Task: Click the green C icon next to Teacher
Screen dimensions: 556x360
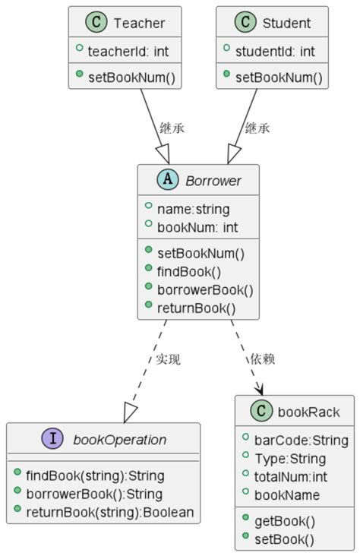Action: pos(96,23)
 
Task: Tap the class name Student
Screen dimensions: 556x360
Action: pos(286,23)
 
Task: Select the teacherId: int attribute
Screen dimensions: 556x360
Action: pos(128,52)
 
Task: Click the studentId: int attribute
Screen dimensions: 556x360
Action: pos(275,52)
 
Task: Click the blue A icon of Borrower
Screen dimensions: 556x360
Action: pos(168,181)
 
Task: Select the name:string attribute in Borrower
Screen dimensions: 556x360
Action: pos(193,209)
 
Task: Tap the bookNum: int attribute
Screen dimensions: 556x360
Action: pos(197,227)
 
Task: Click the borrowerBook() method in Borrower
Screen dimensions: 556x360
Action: pos(204,289)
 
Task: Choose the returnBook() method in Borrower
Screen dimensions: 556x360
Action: pos(196,308)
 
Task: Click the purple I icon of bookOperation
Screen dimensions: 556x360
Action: pos(53,439)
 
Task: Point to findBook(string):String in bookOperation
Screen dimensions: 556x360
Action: pos(95,475)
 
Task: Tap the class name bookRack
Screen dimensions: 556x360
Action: pos(308,412)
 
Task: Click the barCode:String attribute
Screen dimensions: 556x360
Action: pos(301,440)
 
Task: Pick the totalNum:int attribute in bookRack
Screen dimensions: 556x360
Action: pos(290,476)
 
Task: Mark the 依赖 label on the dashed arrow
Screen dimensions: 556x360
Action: pos(262,359)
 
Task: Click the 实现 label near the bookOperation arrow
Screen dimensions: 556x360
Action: pos(168,359)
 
